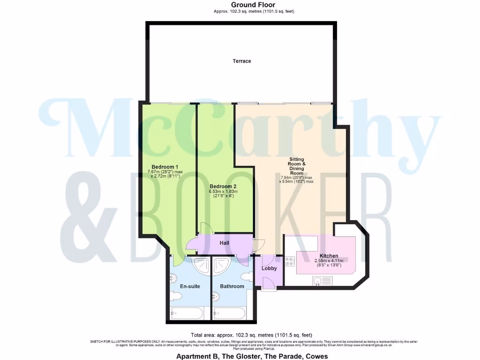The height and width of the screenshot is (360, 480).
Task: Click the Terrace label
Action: pyautogui.click(x=242, y=61)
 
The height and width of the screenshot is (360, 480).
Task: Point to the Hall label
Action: pyautogui.click(x=225, y=243)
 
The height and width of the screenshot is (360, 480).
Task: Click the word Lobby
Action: pyautogui.click(x=270, y=269)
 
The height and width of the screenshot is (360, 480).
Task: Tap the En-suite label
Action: pyautogui.click(x=190, y=286)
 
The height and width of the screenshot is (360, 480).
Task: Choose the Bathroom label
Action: pyautogui.click(x=232, y=286)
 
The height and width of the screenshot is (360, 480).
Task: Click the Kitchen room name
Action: pyautogui.click(x=329, y=256)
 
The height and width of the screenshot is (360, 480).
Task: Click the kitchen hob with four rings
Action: pyautogui.click(x=289, y=262)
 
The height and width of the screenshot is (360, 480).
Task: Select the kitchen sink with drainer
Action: pyautogui.click(x=323, y=282)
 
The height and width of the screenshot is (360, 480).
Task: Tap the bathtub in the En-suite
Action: pyautogui.click(x=188, y=313)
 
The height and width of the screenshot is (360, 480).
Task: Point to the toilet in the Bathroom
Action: pyautogui.click(x=248, y=277)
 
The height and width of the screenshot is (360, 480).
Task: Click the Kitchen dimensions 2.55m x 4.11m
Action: pyautogui.click(x=329, y=263)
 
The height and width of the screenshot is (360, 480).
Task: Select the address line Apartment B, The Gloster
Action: pyautogui.click(x=252, y=356)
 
